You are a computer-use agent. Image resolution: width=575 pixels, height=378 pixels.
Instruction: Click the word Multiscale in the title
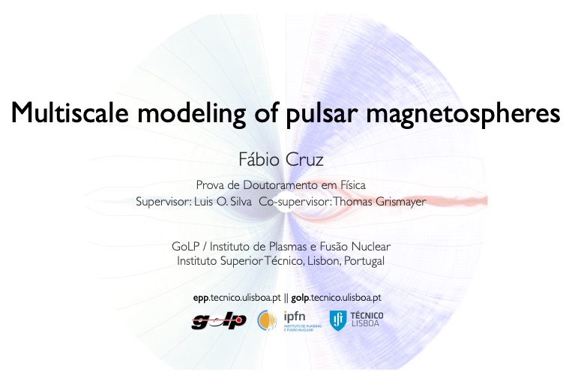(x=70, y=112)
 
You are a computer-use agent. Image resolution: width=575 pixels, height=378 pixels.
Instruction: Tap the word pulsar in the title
(x=322, y=114)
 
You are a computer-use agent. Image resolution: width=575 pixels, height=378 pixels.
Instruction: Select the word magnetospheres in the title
(x=463, y=114)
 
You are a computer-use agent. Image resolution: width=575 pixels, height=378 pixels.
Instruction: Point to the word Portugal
(x=364, y=261)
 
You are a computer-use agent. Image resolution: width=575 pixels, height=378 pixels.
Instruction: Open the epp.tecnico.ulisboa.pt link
(x=237, y=298)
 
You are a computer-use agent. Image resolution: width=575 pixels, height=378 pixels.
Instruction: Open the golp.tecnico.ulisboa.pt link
(x=336, y=298)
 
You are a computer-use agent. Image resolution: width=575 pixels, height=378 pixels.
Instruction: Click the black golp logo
(x=219, y=321)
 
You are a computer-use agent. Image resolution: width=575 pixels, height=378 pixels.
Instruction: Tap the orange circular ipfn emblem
(x=267, y=320)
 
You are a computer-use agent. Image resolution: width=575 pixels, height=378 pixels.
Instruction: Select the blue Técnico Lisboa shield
(x=337, y=320)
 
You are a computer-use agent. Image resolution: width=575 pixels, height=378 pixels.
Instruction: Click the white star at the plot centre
(x=286, y=202)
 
